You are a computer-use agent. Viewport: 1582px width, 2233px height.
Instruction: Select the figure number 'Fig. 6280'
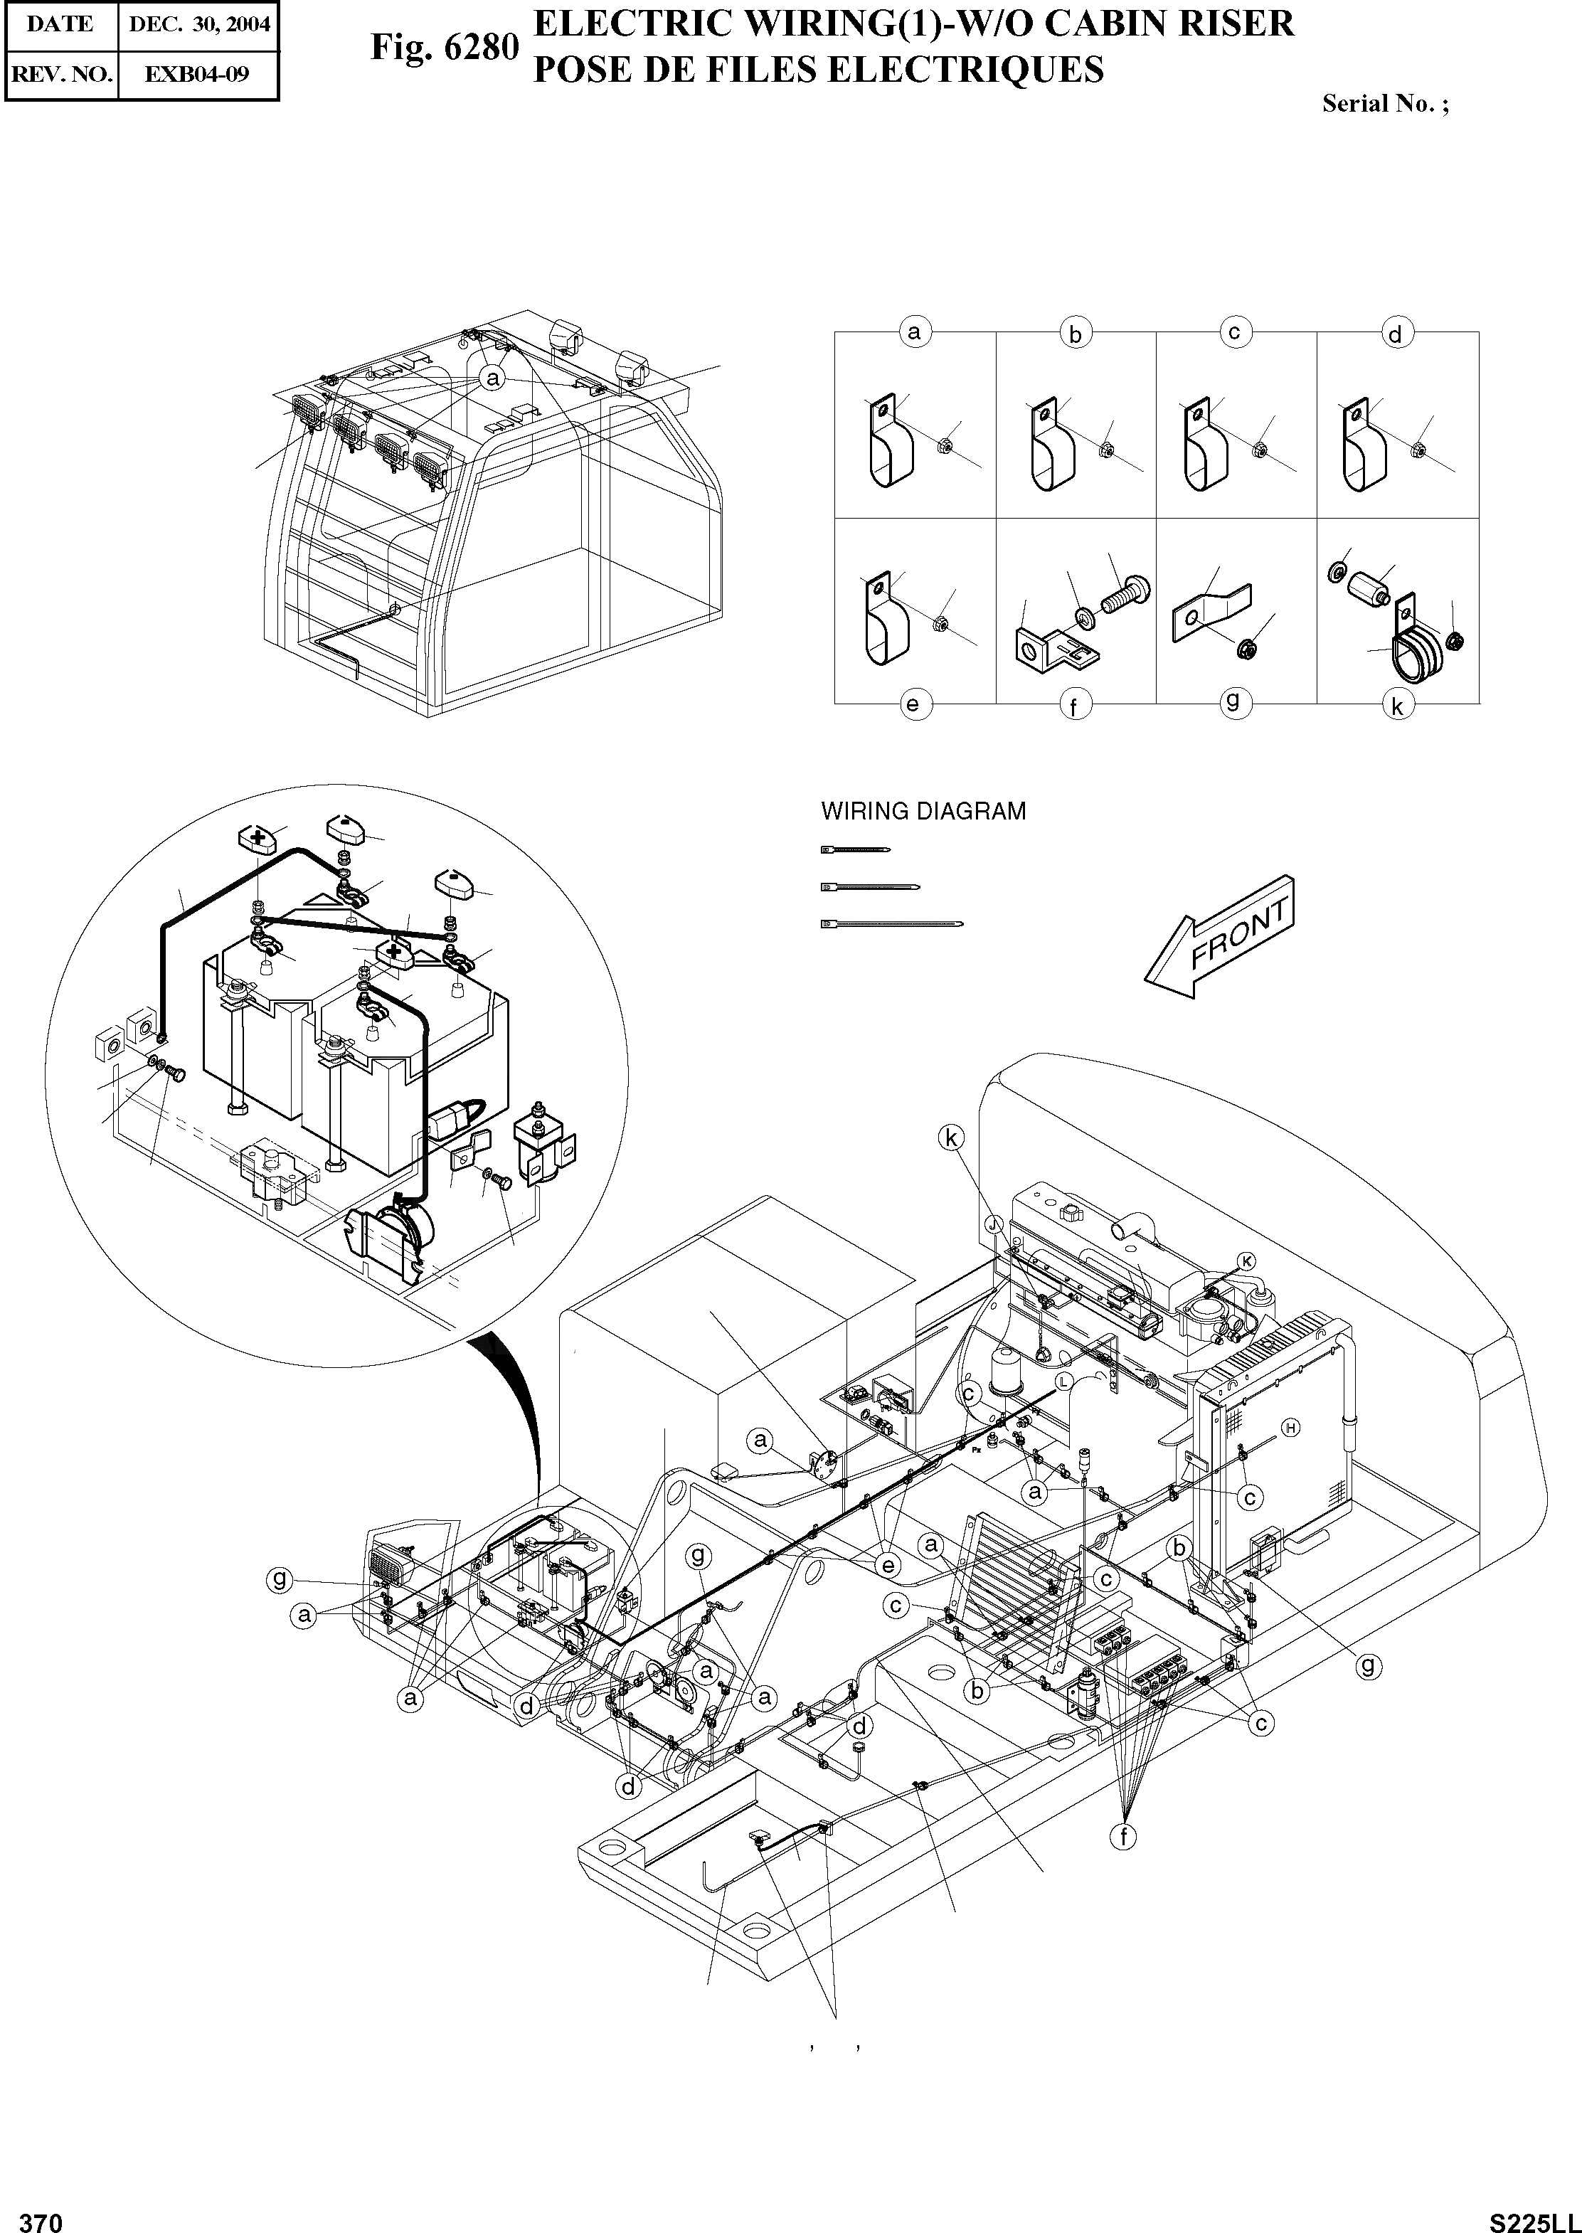(x=443, y=46)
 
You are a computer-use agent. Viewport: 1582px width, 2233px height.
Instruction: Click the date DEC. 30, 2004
(x=198, y=24)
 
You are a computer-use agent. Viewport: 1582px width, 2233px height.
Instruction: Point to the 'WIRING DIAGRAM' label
(x=923, y=810)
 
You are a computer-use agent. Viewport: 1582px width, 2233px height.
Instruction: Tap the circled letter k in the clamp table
(x=1397, y=706)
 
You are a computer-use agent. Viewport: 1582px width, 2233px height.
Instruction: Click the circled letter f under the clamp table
(x=1073, y=706)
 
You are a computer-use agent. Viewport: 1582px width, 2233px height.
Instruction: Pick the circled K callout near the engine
(x=1248, y=1261)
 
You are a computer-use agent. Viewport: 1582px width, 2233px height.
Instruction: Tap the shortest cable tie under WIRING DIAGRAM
(x=854, y=849)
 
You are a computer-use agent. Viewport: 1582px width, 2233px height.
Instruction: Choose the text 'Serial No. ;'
(x=1384, y=105)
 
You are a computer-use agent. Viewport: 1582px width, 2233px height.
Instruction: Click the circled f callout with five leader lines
(x=1123, y=1837)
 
